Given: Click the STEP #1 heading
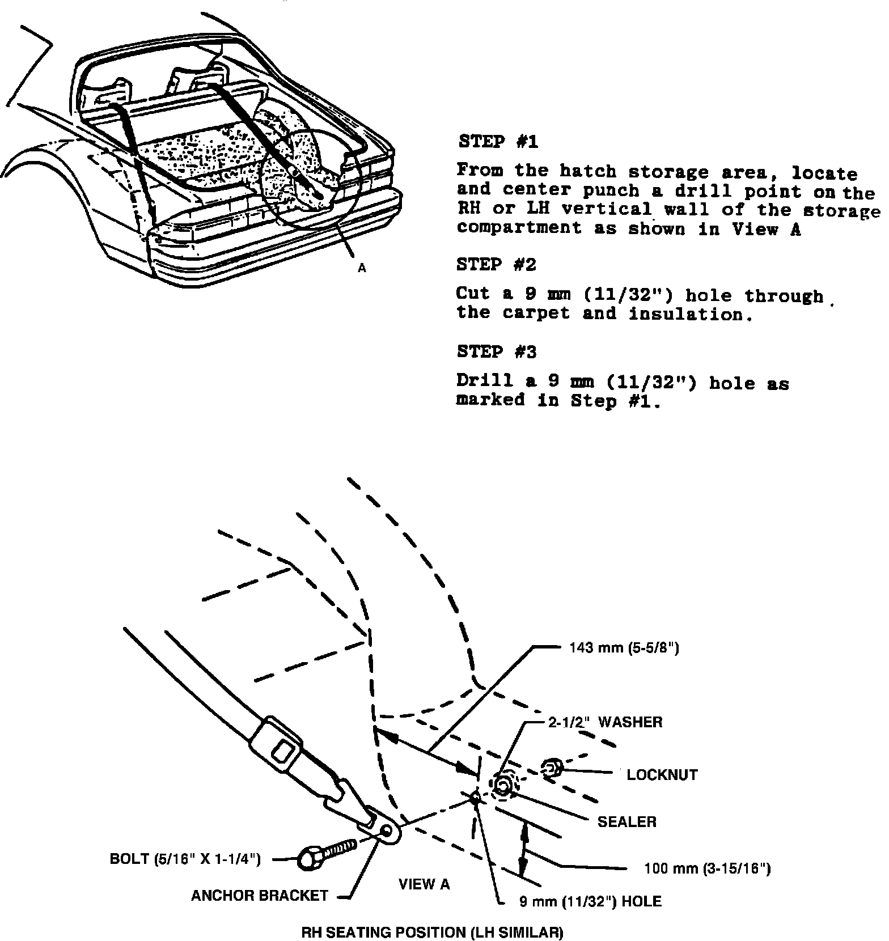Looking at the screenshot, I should pyautogui.click(x=497, y=141).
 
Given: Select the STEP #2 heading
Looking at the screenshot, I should pyautogui.click(x=496, y=264).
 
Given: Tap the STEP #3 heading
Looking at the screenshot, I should pyautogui.click(x=496, y=352).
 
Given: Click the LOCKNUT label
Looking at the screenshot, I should pyautogui.click(x=662, y=775).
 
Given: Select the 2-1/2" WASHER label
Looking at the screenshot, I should pyautogui.click(x=605, y=722).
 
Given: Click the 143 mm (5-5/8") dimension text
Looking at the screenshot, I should pyautogui.click(x=624, y=648).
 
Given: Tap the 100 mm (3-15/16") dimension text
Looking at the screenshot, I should pyautogui.click(x=708, y=868).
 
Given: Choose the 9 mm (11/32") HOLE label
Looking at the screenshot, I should pyautogui.click(x=590, y=901).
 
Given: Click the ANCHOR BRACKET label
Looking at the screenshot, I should pyautogui.click(x=260, y=896).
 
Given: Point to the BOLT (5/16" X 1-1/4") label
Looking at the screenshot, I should pyautogui.click(x=185, y=859).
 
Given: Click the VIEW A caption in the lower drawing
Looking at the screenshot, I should pyautogui.click(x=424, y=884).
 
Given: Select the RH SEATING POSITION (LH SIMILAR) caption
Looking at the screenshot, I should pyautogui.click(x=432, y=932).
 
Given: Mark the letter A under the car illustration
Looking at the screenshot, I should pyautogui.click(x=362, y=269).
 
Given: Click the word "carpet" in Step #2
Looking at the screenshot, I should pyautogui.click(x=536, y=313).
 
